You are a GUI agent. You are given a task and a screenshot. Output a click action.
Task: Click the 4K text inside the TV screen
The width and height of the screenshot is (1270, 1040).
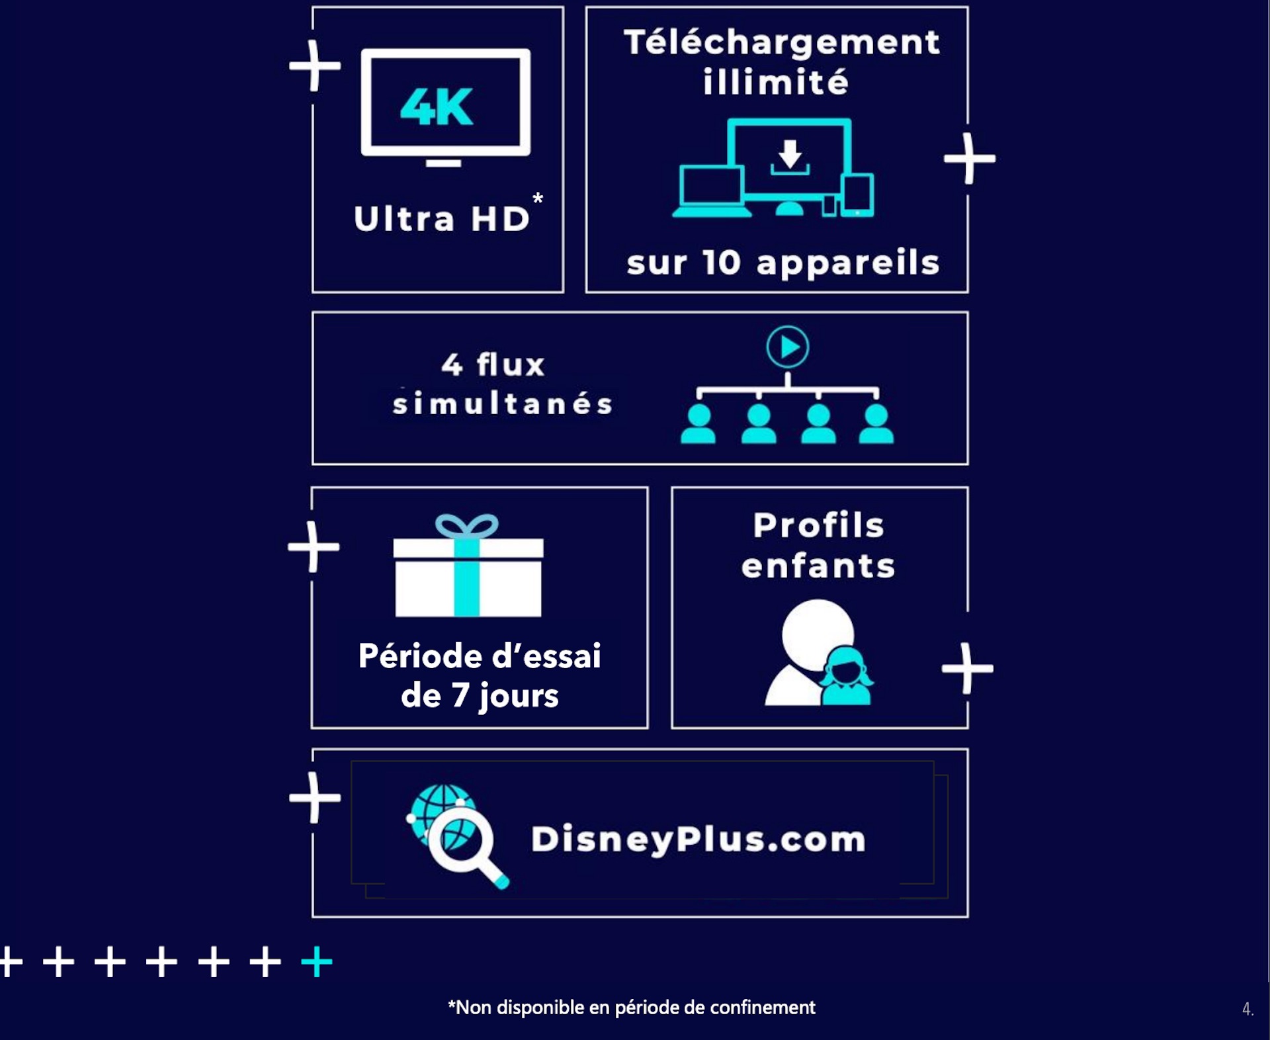pos(437,107)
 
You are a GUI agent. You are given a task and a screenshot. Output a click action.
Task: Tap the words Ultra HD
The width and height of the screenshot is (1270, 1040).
pos(442,219)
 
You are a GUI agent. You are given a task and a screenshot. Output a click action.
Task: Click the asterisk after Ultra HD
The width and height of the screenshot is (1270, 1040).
pos(538,198)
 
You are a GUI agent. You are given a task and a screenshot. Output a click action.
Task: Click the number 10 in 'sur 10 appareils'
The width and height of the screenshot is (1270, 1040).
pos(721,263)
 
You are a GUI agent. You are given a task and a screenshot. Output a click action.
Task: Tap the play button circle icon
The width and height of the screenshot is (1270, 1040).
pos(787,347)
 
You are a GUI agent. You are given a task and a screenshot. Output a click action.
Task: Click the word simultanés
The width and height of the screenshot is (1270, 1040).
pos(503,403)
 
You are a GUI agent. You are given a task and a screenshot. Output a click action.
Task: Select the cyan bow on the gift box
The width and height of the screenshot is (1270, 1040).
pos(466,527)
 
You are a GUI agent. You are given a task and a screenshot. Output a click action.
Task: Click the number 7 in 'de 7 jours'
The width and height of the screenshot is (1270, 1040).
pos(460,695)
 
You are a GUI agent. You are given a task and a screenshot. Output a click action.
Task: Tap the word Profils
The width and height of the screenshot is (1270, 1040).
pos(818,525)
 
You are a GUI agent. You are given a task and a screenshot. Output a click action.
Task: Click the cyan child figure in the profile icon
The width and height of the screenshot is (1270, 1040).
pos(846,675)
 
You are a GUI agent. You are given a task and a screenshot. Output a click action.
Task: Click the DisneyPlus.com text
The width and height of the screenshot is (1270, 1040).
pos(698,839)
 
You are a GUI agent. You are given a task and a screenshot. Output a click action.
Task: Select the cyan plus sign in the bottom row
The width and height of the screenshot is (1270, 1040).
pos(317,961)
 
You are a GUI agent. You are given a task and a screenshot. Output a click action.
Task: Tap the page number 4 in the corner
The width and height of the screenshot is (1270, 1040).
pos(1247,1009)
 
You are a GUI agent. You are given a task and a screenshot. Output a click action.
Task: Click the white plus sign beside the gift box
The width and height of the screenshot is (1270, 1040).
pos(314,546)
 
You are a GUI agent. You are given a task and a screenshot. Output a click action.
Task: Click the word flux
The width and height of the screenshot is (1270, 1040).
pos(511,364)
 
